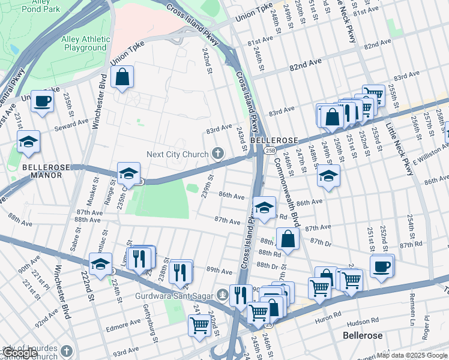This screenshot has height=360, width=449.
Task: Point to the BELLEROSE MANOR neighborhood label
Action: click(42, 171)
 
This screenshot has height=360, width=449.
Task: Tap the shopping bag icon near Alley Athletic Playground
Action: click(122, 77)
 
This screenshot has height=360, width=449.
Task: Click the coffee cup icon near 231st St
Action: click(43, 101)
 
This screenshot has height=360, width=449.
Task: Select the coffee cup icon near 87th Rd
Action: click(381, 265)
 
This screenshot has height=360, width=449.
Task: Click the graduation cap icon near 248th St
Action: click(328, 176)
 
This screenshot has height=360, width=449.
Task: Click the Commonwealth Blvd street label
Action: click(281, 179)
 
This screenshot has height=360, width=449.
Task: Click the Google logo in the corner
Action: click(20, 353)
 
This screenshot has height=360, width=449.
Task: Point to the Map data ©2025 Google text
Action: click(412, 355)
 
